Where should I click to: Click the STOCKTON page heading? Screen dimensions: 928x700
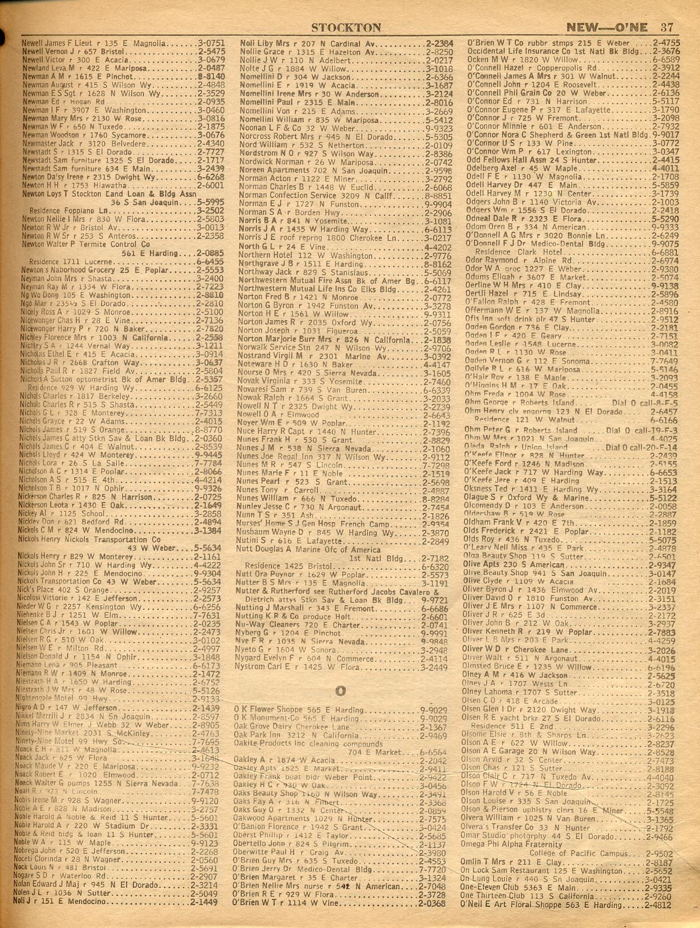(x=346, y=28)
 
